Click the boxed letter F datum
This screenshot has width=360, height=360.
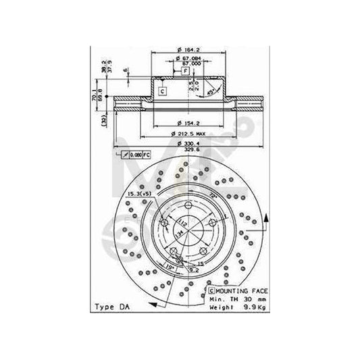pos(185,70)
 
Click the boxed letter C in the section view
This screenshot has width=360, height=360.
pos(162,91)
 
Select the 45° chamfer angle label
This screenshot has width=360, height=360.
pos(213,92)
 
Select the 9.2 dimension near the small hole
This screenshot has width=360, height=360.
pos(193,268)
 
